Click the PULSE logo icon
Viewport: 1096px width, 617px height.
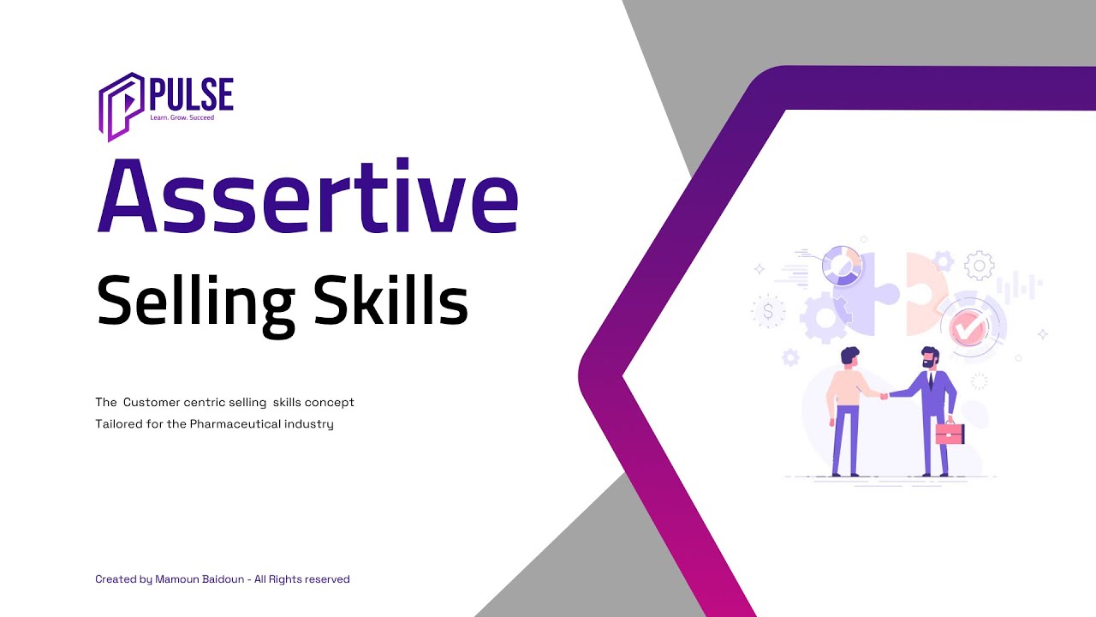click(120, 105)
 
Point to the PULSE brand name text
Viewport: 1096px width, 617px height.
click(191, 93)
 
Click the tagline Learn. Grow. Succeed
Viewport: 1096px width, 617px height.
click(182, 117)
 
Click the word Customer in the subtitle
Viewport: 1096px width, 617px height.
click(157, 402)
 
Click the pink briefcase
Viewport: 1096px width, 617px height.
click(950, 433)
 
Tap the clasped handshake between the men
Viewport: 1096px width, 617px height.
click(884, 395)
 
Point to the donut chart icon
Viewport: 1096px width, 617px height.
click(841, 266)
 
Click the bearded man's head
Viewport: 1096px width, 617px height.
click(930, 357)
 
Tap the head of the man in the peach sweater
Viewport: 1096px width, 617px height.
click(849, 356)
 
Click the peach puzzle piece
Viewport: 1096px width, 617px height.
click(925, 287)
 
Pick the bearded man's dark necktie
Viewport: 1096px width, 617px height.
click(931, 382)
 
